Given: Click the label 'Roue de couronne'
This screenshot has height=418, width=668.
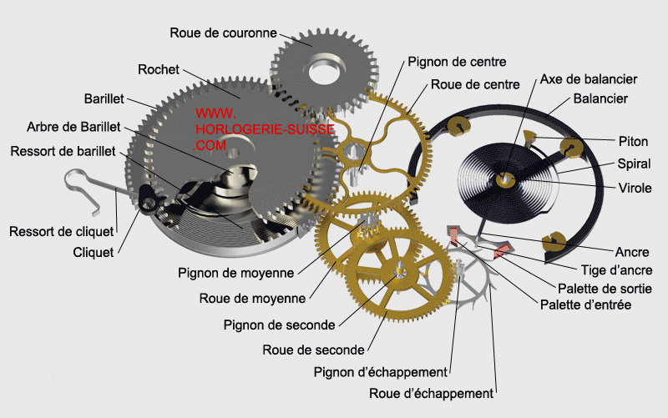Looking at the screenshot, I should [223, 33].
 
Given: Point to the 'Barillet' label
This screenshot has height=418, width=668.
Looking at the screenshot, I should [104, 98].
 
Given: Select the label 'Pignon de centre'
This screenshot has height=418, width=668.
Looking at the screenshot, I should [457, 62].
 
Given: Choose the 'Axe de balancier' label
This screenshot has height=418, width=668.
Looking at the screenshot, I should [588, 79].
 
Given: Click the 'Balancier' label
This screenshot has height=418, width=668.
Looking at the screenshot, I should [600, 98].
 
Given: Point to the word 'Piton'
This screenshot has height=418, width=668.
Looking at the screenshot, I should [632, 142].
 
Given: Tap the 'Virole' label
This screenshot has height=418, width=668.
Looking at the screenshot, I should [635, 187].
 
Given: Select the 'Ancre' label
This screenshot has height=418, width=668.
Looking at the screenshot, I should [632, 251].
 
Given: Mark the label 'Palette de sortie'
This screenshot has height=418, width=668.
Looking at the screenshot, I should [611, 288].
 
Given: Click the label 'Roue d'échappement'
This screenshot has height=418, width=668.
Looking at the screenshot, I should [431, 393].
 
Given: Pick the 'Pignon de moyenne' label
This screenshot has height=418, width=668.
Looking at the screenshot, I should [235, 273].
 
